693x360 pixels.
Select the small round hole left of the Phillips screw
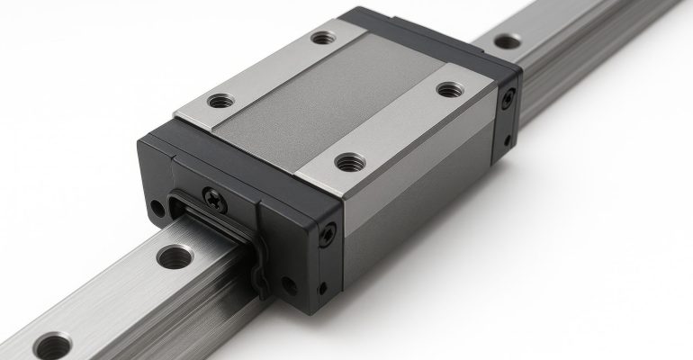[158, 208]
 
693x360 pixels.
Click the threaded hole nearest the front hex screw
[349, 162]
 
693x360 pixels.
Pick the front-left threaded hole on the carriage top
[219, 101]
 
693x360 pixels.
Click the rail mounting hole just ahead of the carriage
[174, 257]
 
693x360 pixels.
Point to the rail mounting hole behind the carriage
[507, 40]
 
